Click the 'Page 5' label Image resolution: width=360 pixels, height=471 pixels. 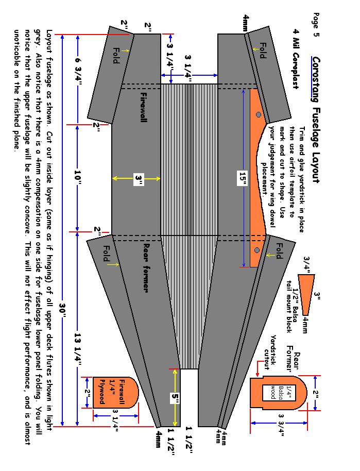(316, 25)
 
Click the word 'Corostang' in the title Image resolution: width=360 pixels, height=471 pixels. (315, 80)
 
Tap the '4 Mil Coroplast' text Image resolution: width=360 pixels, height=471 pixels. (296, 59)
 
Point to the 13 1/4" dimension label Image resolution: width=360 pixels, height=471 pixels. (77, 349)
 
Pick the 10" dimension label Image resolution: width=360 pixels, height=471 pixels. (77, 177)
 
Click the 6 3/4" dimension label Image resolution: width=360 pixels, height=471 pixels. (77, 72)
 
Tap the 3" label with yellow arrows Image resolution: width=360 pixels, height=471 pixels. (139, 178)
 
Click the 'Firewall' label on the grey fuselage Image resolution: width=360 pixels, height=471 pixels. (144, 107)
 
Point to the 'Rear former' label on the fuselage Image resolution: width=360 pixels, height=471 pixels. (146, 267)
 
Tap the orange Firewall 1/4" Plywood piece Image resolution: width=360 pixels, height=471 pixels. (115, 392)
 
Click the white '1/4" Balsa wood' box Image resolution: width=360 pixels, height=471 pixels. (272, 392)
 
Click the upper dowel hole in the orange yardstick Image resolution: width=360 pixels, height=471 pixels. (258, 114)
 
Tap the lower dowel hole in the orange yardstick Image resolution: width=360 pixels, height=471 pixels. (256, 250)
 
